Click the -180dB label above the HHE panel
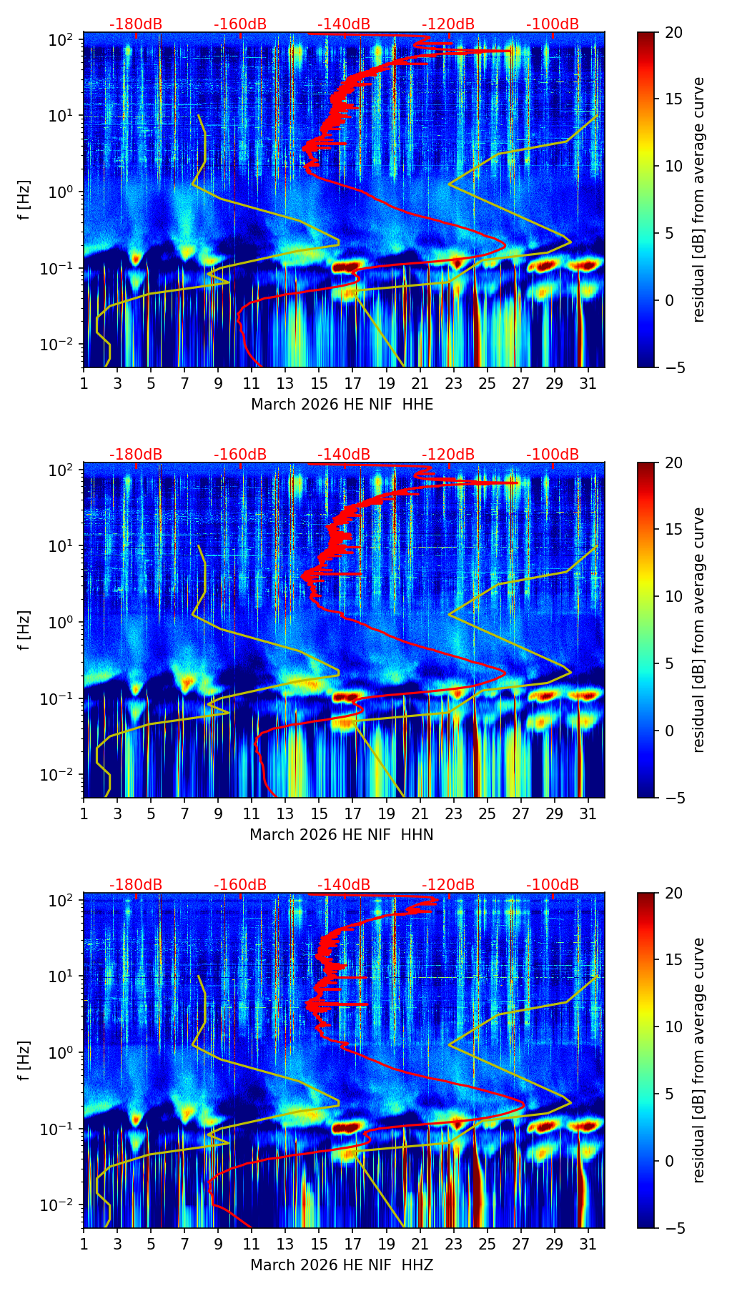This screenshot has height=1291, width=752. click(x=136, y=24)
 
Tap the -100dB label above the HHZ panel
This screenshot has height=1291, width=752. click(x=553, y=885)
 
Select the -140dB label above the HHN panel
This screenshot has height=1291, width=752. click(x=344, y=455)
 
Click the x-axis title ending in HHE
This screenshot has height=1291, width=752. click(x=342, y=405)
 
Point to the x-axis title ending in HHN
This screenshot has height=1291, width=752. click(x=342, y=835)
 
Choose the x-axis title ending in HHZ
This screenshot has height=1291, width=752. click(x=342, y=1265)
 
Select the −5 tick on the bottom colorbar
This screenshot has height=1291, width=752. click(x=671, y=1228)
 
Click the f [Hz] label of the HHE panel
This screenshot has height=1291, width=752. click(x=24, y=200)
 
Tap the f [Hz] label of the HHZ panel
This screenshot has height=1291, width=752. click(x=24, y=1061)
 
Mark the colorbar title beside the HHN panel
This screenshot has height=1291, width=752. click(x=698, y=630)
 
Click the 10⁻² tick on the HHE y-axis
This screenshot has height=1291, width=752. click(x=59, y=345)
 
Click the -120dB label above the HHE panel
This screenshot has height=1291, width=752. click(x=448, y=24)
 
